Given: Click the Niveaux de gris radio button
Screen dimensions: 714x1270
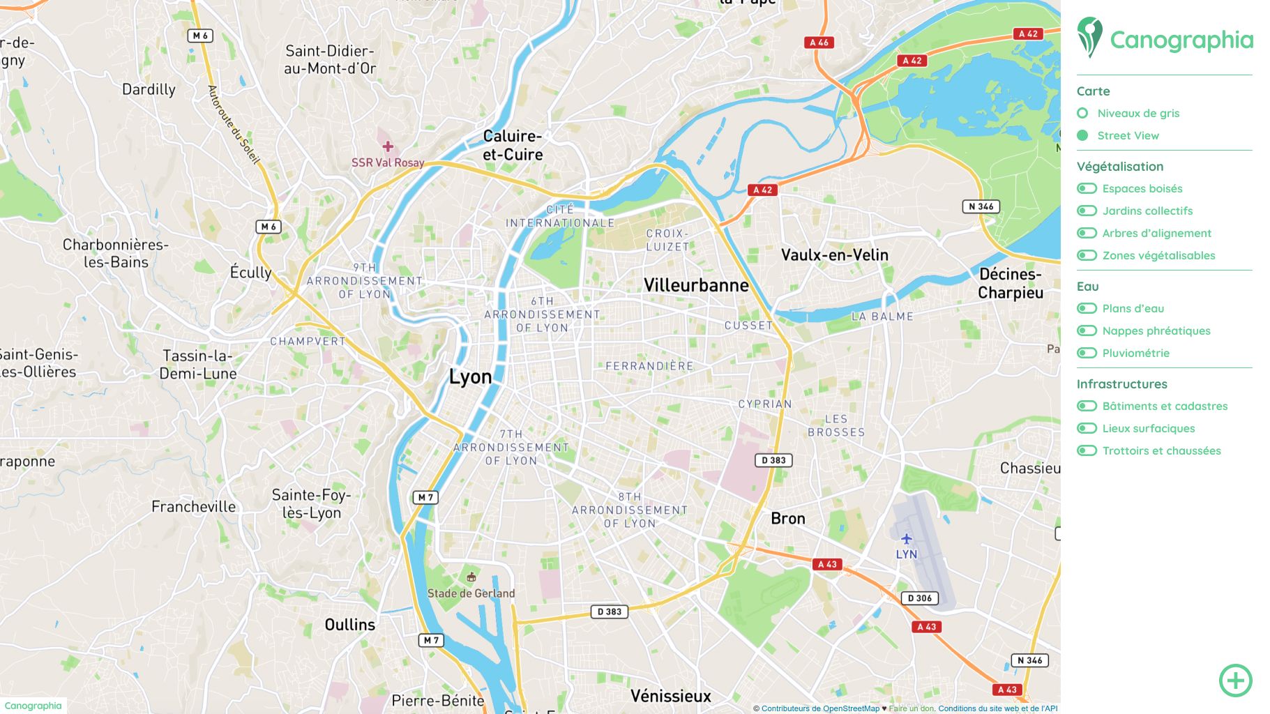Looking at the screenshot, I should coord(1082,113).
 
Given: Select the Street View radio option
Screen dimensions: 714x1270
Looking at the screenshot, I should coord(1082,135).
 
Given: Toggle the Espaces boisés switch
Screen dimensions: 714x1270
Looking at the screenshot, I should coord(1087,188).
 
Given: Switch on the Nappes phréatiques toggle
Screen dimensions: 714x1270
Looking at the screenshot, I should coord(1087,331).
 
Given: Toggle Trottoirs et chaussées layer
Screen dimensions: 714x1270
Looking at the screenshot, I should coord(1087,450).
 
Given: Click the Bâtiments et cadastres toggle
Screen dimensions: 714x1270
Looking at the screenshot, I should coord(1087,406).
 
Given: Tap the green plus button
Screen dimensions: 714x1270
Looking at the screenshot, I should coord(1235,680).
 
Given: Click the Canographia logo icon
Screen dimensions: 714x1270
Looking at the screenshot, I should coord(1089,37).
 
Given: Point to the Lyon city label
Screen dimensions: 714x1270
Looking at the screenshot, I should coord(470,377).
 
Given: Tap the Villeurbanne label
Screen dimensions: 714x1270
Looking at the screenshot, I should coord(696,285).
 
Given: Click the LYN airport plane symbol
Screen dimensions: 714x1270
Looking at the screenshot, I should coord(906,538).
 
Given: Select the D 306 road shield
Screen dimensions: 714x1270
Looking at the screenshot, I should coord(919,598).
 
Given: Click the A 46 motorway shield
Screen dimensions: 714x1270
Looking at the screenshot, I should coord(819,43).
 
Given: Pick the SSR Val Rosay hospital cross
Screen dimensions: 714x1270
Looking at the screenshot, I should coord(388,146).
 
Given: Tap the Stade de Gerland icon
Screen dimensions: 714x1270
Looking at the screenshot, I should coord(471,577).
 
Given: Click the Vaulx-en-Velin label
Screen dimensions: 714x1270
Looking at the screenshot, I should coord(834,255).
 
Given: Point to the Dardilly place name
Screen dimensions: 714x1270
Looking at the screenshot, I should coord(149,89).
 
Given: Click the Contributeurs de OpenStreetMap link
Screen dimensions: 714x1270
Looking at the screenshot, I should coord(819,708).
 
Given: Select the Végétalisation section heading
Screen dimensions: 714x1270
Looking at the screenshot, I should coord(1119,167).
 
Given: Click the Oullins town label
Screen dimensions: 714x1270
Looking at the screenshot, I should coord(349,625).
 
